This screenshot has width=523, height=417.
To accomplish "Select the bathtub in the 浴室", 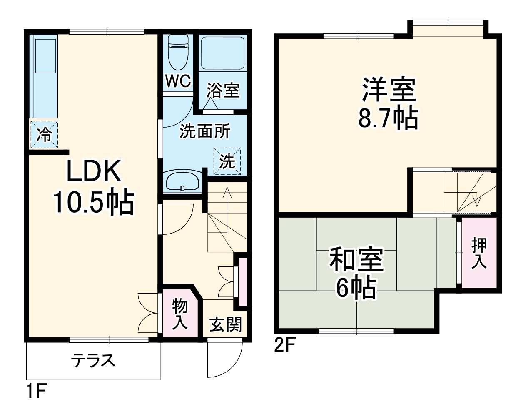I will pyautogui.click(x=222, y=53).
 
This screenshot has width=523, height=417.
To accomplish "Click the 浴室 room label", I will pyautogui.click(x=224, y=90).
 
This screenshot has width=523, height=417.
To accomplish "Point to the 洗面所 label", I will pyautogui.click(x=204, y=132).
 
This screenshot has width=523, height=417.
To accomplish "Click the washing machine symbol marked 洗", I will pyautogui.click(x=227, y=161).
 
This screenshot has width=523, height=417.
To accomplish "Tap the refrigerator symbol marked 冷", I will pyautogui.click(x=44, y=134).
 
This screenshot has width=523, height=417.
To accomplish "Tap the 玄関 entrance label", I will pyautogui.click(x=225, y=324).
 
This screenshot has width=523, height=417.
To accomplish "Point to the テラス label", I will pyautogui.click(x=92, y=360).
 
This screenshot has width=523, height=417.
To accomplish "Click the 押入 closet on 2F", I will pyautogui.click(x=479, y=253).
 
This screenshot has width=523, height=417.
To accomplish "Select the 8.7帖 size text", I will pyautogui.click(x=388, y=119).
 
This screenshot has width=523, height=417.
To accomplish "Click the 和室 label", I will pyautogui.click(x=356, y=259).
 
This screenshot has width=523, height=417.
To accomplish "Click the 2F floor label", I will pyautogui.click(x=284, y=346).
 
